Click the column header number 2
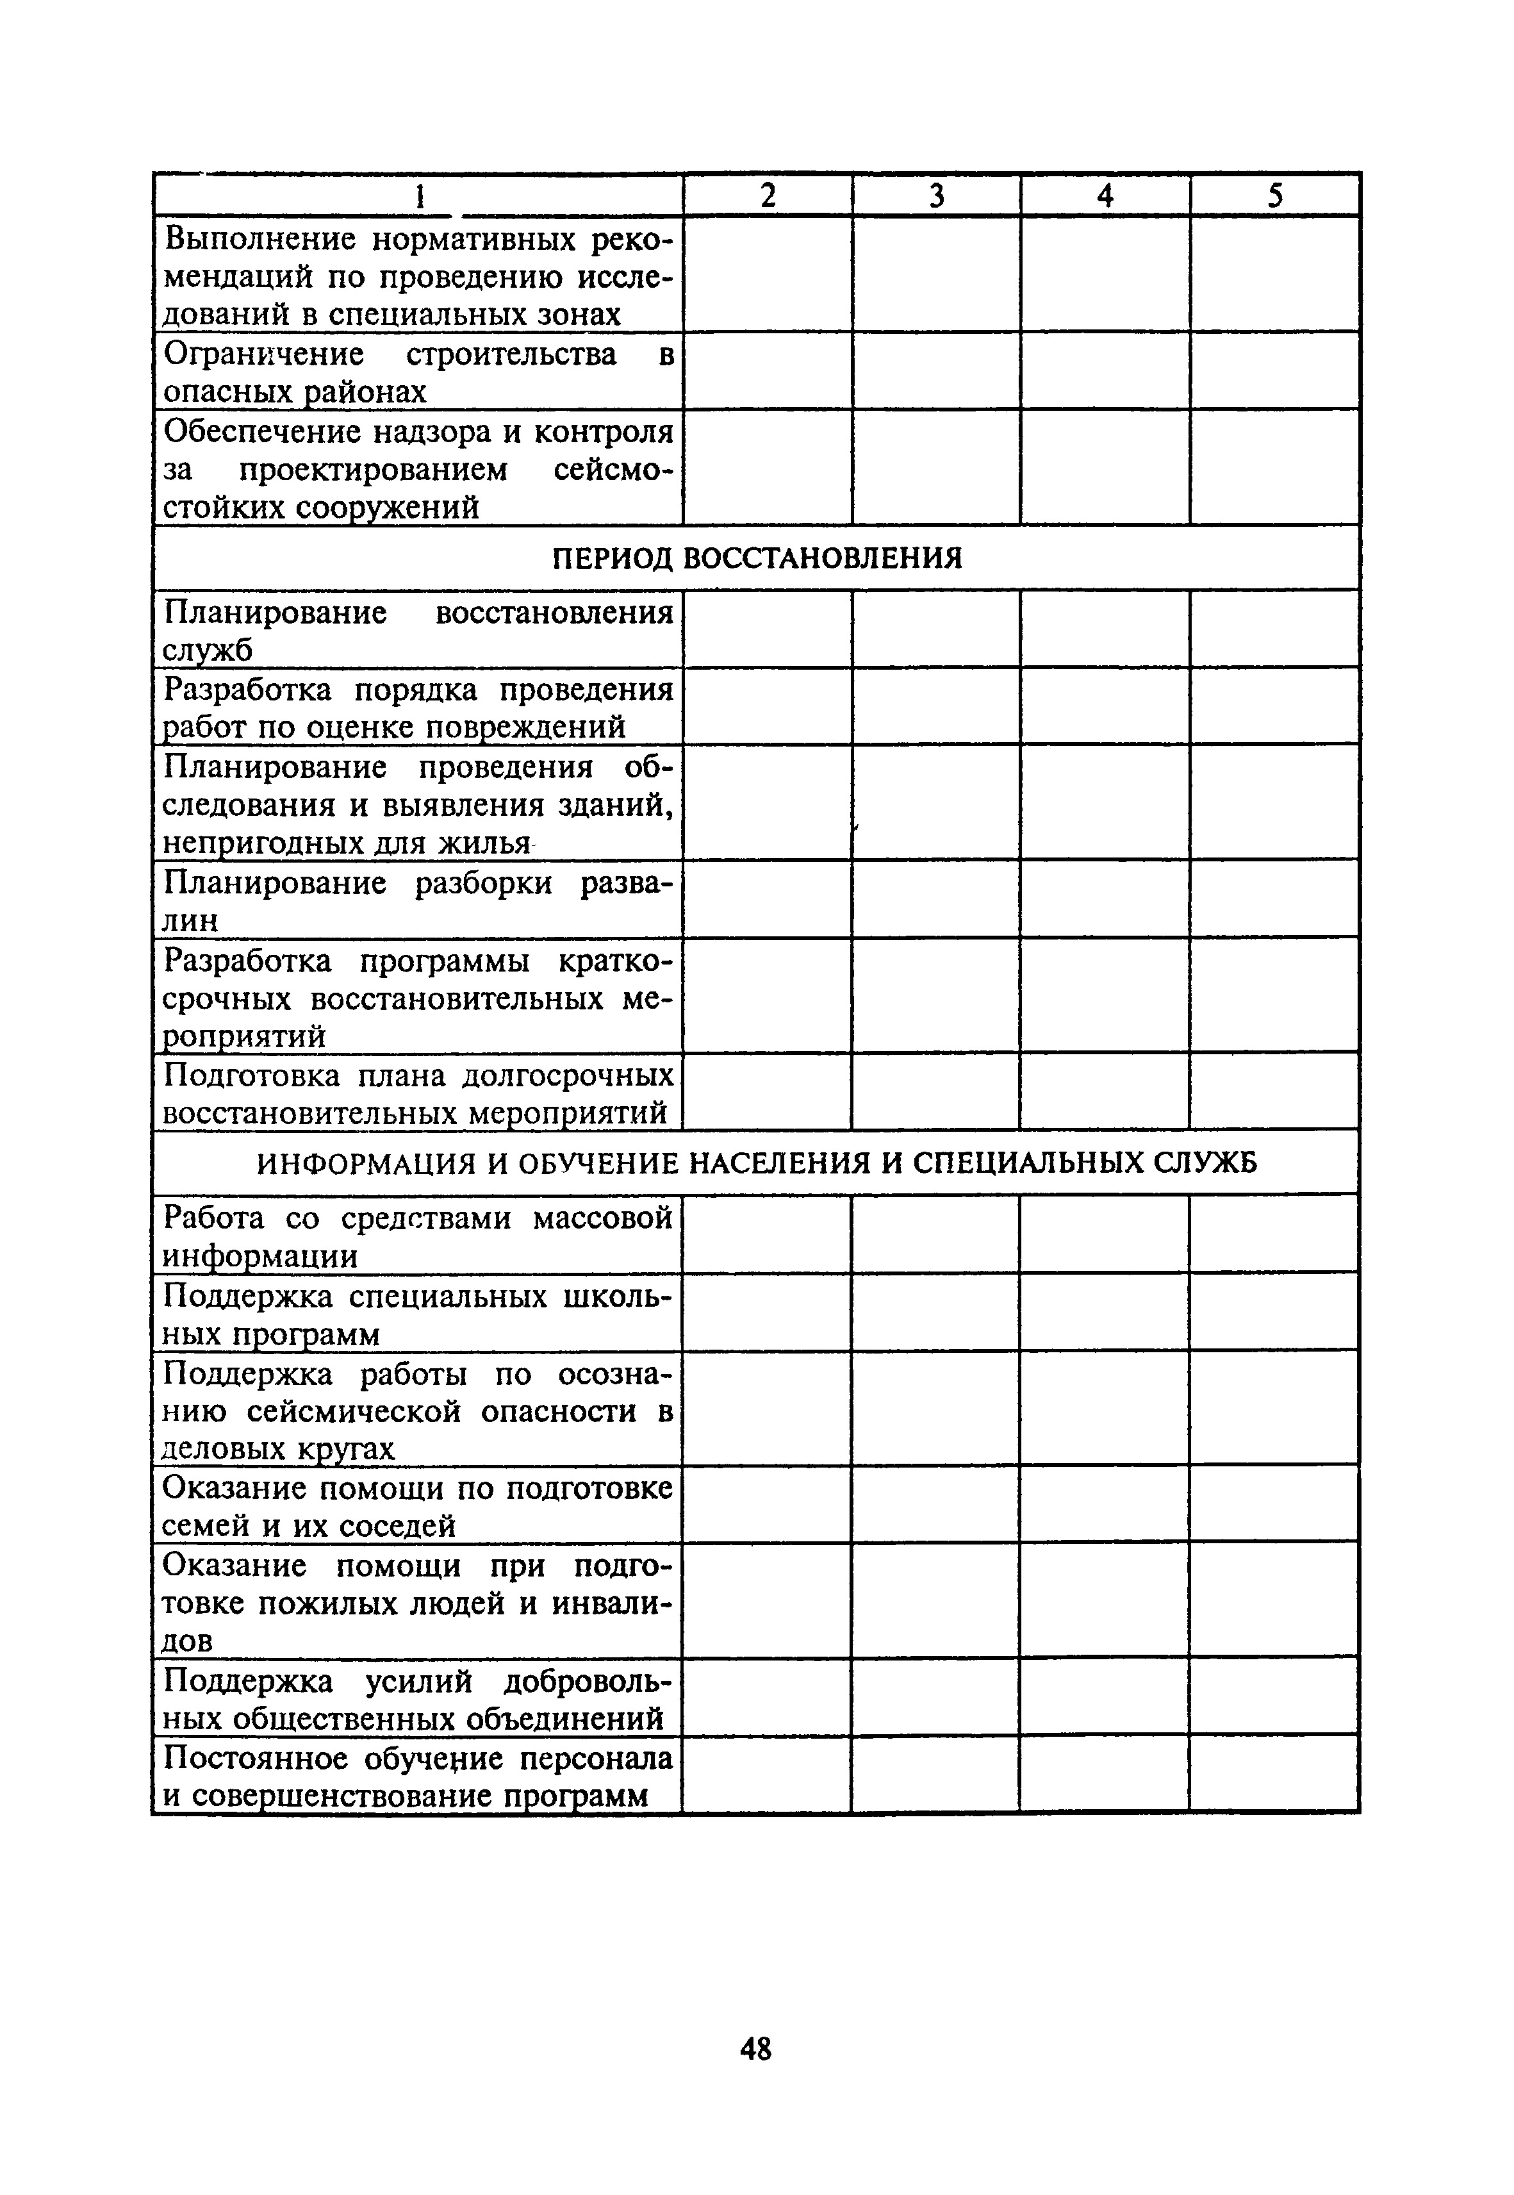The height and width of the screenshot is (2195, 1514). coord(768,195)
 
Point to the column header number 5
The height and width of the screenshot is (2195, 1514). coord(1275,195)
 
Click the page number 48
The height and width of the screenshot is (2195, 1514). coord(755,2049)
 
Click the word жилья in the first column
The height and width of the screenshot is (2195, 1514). coord(484,843)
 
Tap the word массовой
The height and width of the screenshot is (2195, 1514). coord(602,1218)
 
